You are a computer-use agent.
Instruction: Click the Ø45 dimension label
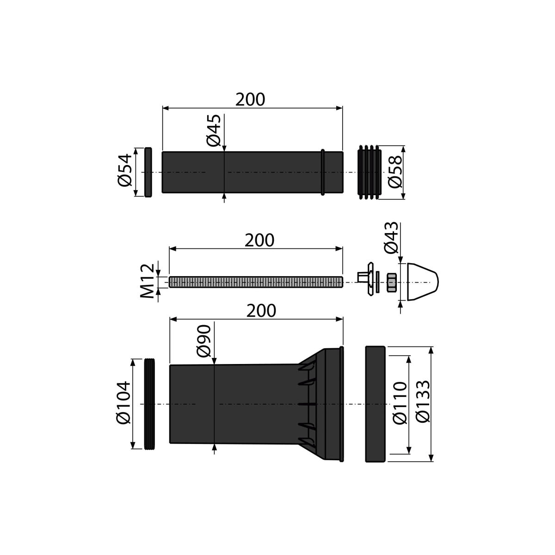point(214,130)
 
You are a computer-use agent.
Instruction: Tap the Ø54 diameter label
point(125,171)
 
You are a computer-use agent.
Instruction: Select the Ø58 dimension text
point(395,172)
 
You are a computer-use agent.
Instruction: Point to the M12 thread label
point(148,281)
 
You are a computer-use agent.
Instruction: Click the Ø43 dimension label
point(391,238)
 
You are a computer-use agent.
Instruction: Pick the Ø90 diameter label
point(204,341)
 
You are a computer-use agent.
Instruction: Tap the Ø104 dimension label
point(123,403)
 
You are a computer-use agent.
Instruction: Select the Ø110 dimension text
point(400,403)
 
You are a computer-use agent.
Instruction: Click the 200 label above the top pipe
point(250,99)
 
